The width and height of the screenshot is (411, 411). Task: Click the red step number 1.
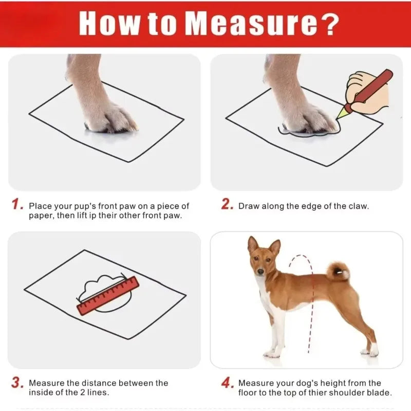(x=17, y=204)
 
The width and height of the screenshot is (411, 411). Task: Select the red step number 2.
(x=228, y=204)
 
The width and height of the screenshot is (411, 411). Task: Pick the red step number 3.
(x=17, y=382)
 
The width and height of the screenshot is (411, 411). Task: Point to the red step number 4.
(x=228, y=383)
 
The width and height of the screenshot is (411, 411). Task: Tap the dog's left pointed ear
(x=252, y=244)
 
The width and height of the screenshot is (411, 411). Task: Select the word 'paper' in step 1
(x=40, y=215)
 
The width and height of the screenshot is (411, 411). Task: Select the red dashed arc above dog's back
(x=301, y=262)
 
